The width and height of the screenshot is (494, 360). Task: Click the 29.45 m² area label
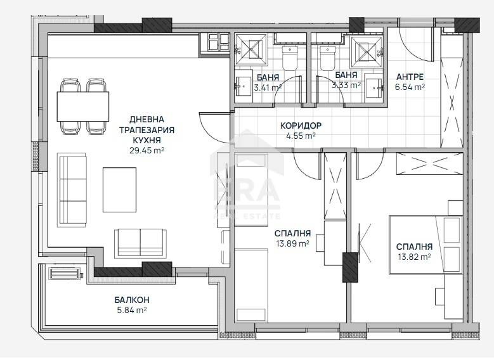146,151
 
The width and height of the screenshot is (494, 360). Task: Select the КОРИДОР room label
301,125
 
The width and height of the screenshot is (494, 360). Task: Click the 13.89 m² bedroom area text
292,243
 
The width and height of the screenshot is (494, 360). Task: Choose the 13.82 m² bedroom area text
413,256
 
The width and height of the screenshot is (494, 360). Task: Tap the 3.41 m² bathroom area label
266,87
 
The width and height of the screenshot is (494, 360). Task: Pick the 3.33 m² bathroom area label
346,84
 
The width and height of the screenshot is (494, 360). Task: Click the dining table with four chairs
83,106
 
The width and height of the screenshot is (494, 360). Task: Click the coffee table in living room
119,190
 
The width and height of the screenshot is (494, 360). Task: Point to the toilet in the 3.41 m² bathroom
290,59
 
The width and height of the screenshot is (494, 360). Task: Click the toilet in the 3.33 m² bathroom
327,59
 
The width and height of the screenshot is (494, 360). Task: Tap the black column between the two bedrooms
349,267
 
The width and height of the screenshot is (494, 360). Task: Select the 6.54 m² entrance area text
410,87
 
